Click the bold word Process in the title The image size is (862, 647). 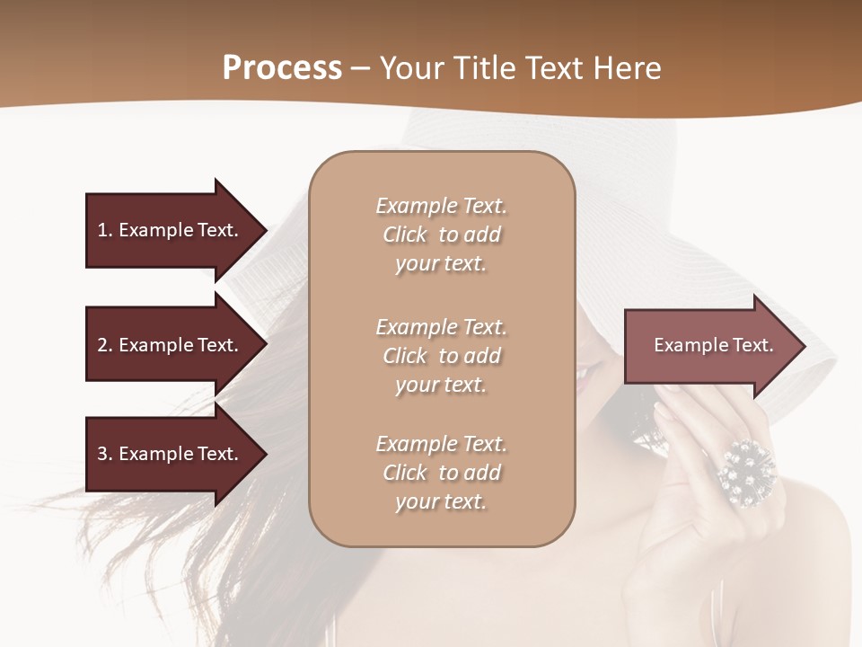[282, 68]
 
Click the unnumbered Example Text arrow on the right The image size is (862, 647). [713, 345]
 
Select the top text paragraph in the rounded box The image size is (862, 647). [441, 235]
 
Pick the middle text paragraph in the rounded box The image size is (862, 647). [441, 356]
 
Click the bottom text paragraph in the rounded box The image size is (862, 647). [441, 473]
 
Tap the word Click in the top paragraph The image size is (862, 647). [405, 235]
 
